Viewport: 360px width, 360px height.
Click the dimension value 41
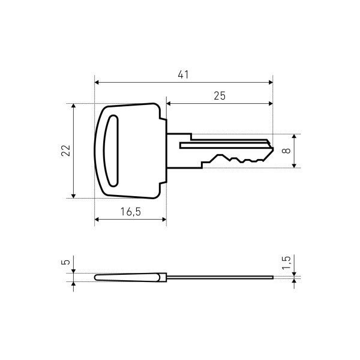[x=183, y=74]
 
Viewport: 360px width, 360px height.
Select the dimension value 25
[x=220, y=96]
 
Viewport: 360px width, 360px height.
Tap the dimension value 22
[x=65, y=151]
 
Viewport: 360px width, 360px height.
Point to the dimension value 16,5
[x=131, y=212]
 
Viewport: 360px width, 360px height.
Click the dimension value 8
[x=286, y=151]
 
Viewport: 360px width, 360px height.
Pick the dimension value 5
[x=65, y=262]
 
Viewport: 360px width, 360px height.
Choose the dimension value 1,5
[x=286, y=263]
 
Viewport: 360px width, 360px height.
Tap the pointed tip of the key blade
[x=273, y=149]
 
